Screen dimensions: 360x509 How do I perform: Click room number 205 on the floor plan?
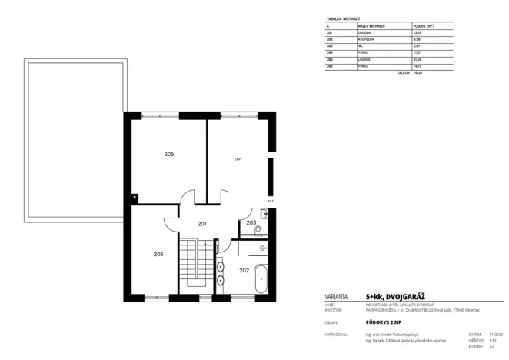[x=169, y=154]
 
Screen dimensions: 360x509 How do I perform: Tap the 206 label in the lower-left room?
[x=158, y=254]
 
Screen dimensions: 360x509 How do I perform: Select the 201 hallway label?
[x=201, y=224]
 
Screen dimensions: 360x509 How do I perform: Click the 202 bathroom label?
[x=244, y=270]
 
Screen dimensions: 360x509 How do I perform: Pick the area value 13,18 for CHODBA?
[x=418, y=33]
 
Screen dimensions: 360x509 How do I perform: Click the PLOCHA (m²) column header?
[x=421, y=26]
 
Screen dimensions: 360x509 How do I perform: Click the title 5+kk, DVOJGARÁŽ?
[x=394, y=295]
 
